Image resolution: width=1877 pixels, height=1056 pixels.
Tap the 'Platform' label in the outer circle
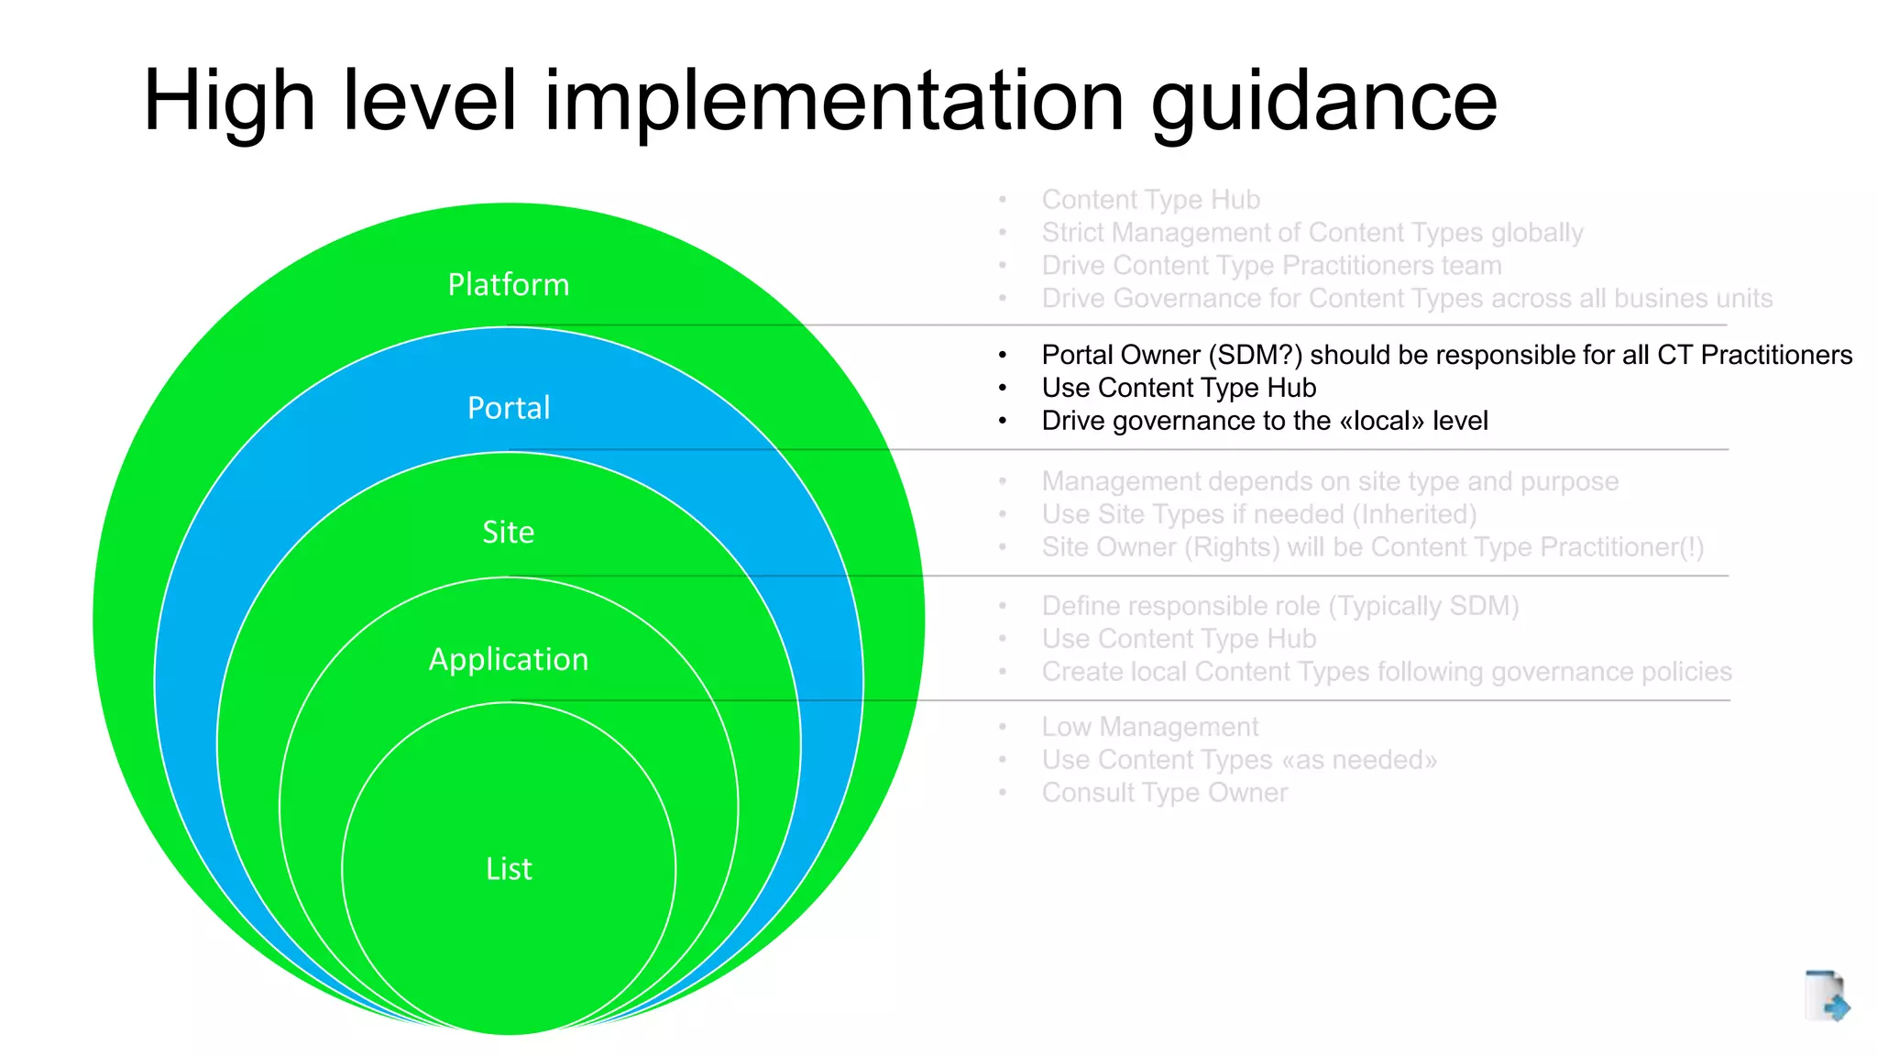(x=509, y=285)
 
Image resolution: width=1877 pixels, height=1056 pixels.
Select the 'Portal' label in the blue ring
(x=509, y=408)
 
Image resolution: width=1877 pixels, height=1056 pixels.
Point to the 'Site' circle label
(x=509, y=533)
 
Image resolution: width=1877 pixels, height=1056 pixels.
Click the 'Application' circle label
(x=509, y=660)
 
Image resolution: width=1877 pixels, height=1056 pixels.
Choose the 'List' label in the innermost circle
(x=509, y=869)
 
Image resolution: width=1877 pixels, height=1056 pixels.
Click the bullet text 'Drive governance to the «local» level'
(x=1265, y=421)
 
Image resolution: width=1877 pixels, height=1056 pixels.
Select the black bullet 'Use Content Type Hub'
(x=1179, y=388)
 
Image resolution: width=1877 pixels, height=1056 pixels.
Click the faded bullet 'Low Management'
(x=1149, y=727)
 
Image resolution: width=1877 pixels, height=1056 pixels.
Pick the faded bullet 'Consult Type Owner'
(x=1164, y=793)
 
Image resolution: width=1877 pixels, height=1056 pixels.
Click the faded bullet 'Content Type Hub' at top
(x=1150, y=200)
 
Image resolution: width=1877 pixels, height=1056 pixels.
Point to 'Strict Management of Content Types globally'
(x=1312, y=233)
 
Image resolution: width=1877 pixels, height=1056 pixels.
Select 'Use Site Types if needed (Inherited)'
(x=1258, y=514)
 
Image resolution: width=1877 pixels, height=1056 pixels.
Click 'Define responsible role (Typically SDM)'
(x=1279, y=606)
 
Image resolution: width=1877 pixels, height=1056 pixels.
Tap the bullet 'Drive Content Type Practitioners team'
(x=1271, y=266)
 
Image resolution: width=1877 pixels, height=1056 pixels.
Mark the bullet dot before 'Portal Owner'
(x=1003, y=356)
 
